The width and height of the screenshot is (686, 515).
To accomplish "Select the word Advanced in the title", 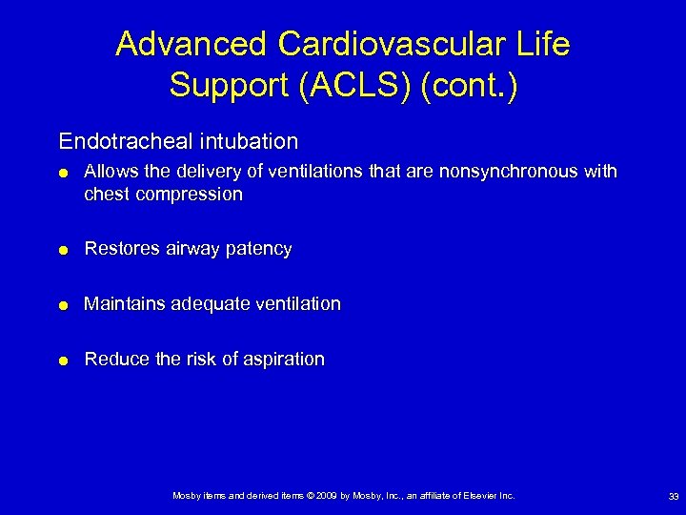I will click(190, 45).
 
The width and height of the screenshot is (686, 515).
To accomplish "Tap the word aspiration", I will click(283, 360).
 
